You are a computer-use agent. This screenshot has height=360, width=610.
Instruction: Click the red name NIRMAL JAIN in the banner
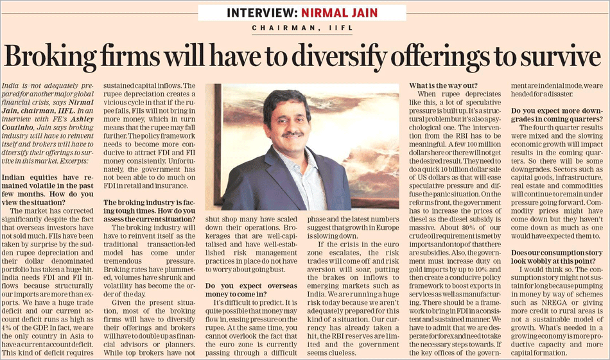tap(339, 13)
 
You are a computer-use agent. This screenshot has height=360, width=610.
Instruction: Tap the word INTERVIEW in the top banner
tap(261, 13)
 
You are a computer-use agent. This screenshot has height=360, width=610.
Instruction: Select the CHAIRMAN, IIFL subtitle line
tap(302, 28)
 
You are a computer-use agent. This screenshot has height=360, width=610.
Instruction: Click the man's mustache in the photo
tap(293, 134)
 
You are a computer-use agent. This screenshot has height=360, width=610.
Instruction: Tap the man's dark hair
tap(286, 102)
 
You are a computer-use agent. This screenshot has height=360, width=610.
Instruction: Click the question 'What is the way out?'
tap(443, 85)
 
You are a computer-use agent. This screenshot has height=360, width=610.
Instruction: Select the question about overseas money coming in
tap(251, 290)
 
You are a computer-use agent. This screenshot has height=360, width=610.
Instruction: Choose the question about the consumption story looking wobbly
tap(557, 257)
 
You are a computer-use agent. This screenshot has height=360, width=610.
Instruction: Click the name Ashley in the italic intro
tap(82, 119)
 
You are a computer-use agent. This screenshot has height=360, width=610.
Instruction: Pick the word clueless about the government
tap(342, 353)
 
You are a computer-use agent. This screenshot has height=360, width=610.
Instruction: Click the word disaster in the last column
tap(559, 94)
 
